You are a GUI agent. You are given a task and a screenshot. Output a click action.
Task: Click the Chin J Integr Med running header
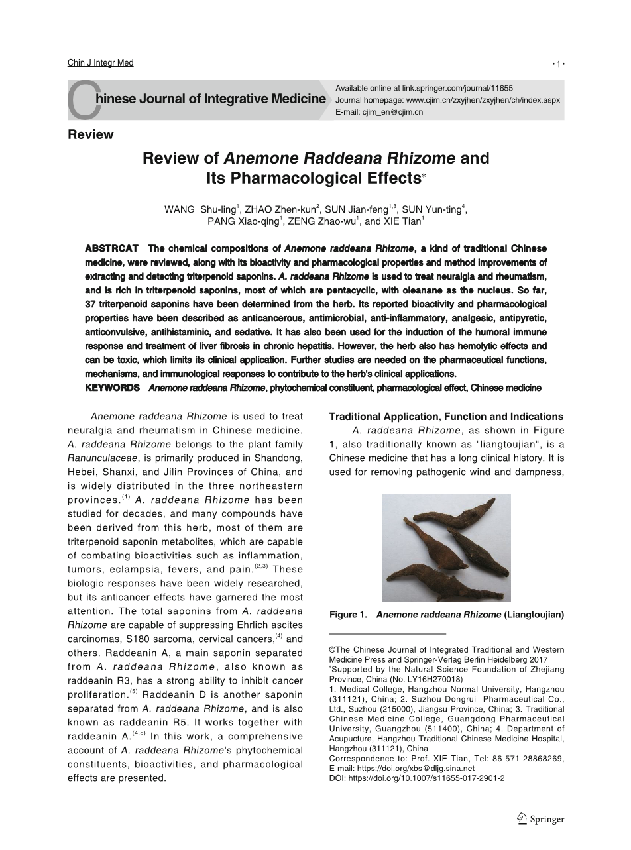point(100,63)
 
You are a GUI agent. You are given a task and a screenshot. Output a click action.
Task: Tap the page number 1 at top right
point(558,64)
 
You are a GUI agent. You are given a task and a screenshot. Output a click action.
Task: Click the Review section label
point(90,134)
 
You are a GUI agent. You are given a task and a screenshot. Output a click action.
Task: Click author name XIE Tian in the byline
point(402,222)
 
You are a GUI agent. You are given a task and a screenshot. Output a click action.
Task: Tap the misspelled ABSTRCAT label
point(111,249)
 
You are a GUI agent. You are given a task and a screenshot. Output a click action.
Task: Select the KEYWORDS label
point(112,388)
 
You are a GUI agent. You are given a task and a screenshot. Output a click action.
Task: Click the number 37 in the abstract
point(91,305)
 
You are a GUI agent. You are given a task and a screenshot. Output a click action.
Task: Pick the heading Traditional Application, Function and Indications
point(446,417)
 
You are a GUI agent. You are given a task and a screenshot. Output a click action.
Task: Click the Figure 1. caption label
point(348,615)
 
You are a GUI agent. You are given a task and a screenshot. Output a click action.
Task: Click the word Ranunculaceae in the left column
point(95,458)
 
